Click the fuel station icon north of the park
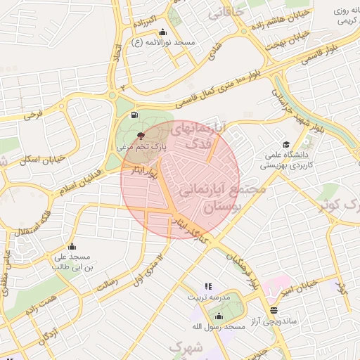point(134,115)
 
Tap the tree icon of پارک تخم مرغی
point(141,134)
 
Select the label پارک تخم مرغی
point(141,148)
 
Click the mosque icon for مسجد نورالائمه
point(163,32)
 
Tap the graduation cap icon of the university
point(286,144)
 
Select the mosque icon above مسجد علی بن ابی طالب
point(71,246)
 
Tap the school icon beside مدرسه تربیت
point(207,286)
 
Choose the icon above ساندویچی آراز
point(273,309)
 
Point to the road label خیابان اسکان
point(43,160)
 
